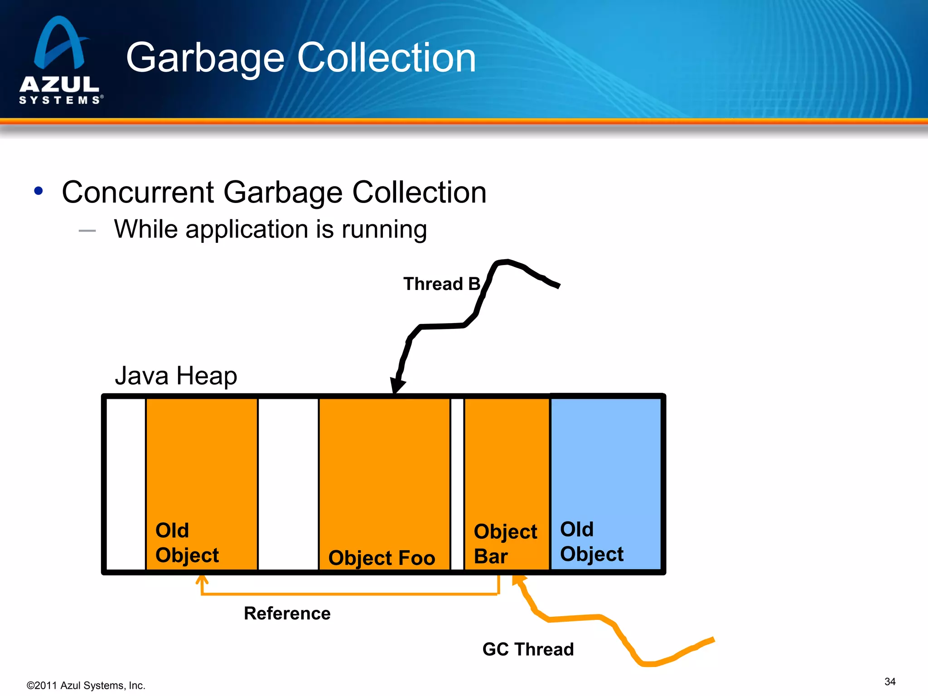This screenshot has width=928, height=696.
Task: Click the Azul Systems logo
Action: (x=60, y=60)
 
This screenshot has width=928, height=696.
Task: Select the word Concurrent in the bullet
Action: (x=137, y=192)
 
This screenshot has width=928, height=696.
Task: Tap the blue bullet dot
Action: (x=39, y=191)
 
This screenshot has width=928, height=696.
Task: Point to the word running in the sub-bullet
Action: (x=384, y=229)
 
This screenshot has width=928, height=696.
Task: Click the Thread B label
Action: (x=441, y=284)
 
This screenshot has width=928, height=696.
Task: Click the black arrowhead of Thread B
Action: (x=397, y=385)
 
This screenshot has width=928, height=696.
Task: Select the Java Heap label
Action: (x=176, y=376)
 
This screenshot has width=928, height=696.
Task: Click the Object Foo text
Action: (x=382, y=557)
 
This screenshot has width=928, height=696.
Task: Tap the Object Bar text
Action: (x=505, y=544)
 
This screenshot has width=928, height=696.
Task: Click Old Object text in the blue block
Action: (x=591, y=541)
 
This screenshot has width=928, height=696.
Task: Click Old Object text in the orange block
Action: (x=187, y=543)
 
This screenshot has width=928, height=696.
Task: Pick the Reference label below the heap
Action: (x=287, y=614)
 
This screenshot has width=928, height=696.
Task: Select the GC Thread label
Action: (x=528, y=649)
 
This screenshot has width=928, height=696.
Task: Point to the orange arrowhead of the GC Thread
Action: (x=518, y=580)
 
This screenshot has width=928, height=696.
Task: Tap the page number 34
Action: (x=889, y=681)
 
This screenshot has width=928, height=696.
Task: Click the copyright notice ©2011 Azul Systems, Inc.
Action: (x=86, y=686)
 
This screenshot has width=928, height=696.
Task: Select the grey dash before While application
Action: (x=87, y=231)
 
